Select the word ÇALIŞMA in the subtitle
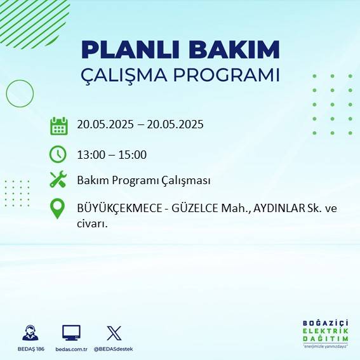click(x=130, y=75)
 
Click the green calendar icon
click(x=58, y=126)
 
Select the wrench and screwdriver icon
click(x=58, y=180)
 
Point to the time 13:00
click(x=91, y=154)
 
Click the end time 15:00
click(x=133, y=154)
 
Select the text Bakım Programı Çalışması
click(x=143, y=181)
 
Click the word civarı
click(x=91, y=223)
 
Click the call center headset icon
click(x=29, y=333)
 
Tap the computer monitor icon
click(x=71, y=333)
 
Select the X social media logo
click(x=114, y=333)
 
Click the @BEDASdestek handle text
click(x=114, y=349)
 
